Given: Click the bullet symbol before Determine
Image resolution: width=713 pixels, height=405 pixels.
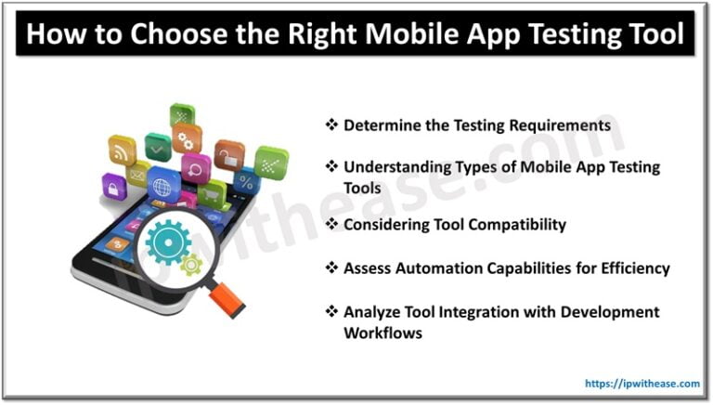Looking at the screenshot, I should (331, 124).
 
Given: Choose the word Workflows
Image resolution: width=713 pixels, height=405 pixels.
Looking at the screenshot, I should (382, 332).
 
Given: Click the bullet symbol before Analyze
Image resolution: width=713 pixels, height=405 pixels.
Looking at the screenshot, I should (331, 312).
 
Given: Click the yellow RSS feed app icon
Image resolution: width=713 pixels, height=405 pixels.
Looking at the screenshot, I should (122, 150).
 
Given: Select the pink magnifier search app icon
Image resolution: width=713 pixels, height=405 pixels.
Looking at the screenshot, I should (196, 168).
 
